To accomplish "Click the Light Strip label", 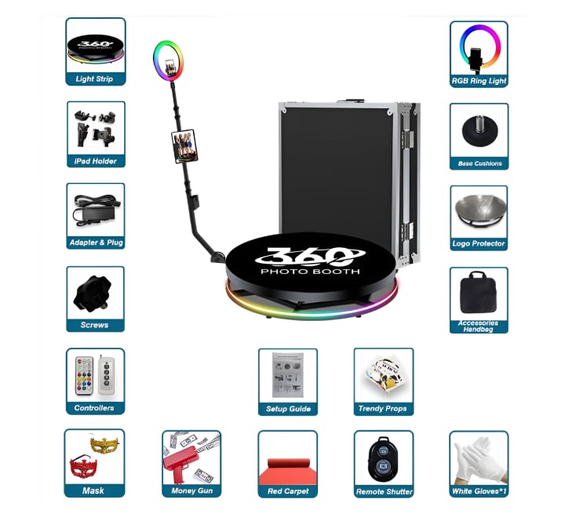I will pos(95,79).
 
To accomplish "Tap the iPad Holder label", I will pos(95,161).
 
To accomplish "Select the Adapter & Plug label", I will pos(95,243).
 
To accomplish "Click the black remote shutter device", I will pos(384,458).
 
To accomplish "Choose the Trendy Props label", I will pos(384,409).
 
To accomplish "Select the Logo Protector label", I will pos(479,244).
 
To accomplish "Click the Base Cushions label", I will pos(479,163).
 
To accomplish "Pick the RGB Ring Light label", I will pos(479,81).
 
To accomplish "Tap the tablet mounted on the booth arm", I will pos(182,146).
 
